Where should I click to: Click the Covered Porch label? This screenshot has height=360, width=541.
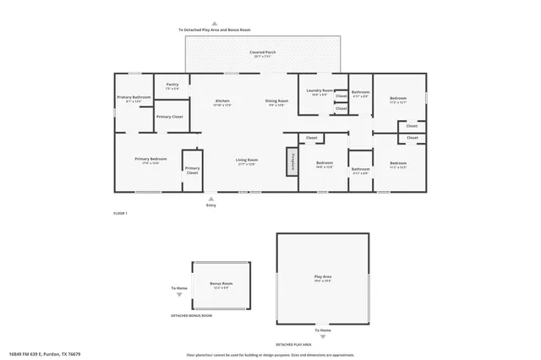pyautogui.click(x=262, y=52)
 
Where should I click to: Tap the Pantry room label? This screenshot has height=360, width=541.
pyautogui.click(x=172, y=85)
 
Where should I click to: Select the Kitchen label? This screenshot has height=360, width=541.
pyautogui.click(x=222, y=101)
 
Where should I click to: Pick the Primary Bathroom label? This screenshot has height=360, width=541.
pyautogui.click(x=134, y=98)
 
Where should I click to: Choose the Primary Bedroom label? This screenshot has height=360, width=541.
pyautogui.click(x=150, y=159)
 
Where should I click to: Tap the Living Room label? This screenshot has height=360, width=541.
pyautogui.click(x=247, y=160)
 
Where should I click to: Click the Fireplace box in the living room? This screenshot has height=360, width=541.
pyautogui.click(x=293, y=161)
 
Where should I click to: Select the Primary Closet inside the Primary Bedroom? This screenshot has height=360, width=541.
pyautogui.click(x=193, y=170)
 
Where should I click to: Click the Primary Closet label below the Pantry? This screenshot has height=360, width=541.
pyautogui.click(x=169, y=117)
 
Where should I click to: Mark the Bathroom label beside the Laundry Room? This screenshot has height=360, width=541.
pyautogui.click(x=360, y=92)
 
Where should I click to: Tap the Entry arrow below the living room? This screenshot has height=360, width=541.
pyautogui.click(x=211, y=199)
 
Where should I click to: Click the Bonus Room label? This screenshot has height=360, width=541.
pyautogui.click(x=221, y=285)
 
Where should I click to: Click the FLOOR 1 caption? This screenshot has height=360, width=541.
pyautogui.click(x=120, y=214)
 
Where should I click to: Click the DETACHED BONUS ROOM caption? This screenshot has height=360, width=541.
pyautogui.click(x=191, y=315)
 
